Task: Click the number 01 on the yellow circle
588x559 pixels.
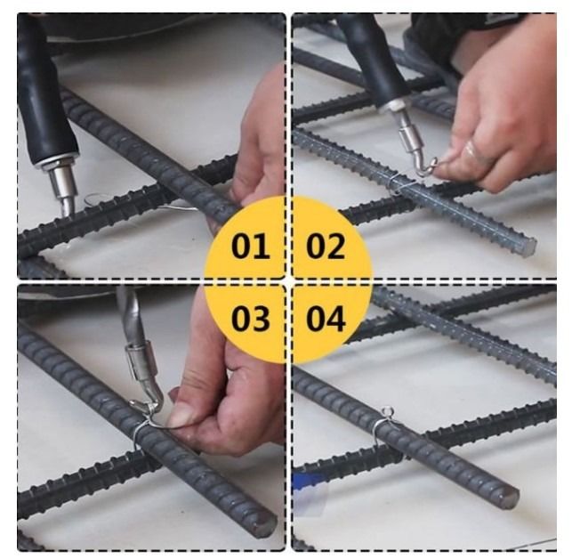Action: click(x=250, y=247)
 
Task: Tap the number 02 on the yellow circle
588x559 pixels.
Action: click(x=326, y=247)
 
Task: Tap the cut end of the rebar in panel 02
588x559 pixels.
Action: click(x=527, y=246)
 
